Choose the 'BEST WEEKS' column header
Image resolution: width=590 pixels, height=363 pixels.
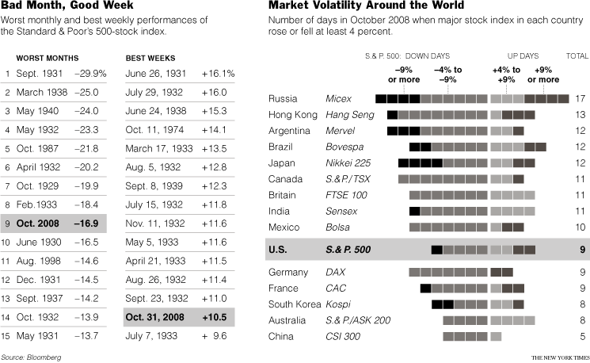click(150, 59)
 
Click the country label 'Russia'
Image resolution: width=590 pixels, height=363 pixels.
click(283, 99)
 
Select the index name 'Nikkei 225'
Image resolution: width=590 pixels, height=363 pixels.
click(347, 163)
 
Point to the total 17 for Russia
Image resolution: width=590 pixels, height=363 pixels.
click(580, 99)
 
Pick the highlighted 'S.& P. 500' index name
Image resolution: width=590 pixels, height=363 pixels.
click(348, 250)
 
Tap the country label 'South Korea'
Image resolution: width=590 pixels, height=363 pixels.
click(295, 304)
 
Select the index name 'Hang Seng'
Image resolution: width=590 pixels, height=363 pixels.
click(349, 115)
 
